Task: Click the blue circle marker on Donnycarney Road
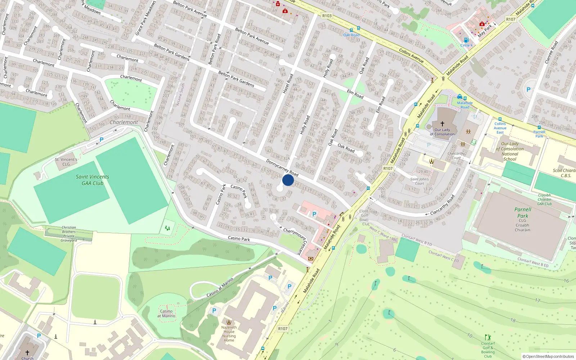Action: pos(288,180)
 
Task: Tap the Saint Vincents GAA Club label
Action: pos(93,180)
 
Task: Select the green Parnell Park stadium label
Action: pos(523,212)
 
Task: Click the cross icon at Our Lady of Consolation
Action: pos(442,123)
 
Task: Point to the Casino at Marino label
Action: pos(166,314)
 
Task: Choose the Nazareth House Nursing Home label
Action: pos(229,334)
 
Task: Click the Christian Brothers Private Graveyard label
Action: pos(69,234)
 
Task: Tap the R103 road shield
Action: pos(327,16)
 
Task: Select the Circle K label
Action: pos(467,45)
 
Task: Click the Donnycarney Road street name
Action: pos(282,167)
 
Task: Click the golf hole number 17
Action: pos(537,300)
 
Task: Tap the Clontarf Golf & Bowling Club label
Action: pos(488,350)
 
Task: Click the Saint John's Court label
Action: pos(419,181)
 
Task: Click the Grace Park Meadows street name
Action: pos(145,18)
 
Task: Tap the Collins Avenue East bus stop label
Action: pos(500,128)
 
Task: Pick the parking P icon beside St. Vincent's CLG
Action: pos(102,140)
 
